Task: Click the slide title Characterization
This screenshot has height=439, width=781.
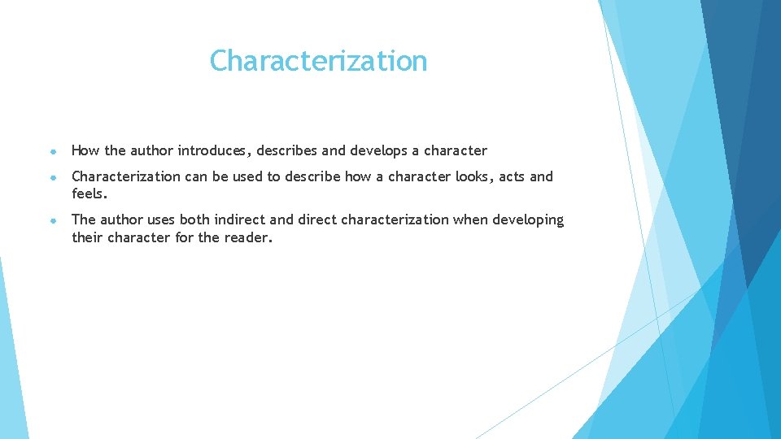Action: [x=318, y=61]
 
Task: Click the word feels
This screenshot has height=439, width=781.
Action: [x=89, y=194]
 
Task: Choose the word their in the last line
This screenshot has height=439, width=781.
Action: [x=87, y=237]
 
